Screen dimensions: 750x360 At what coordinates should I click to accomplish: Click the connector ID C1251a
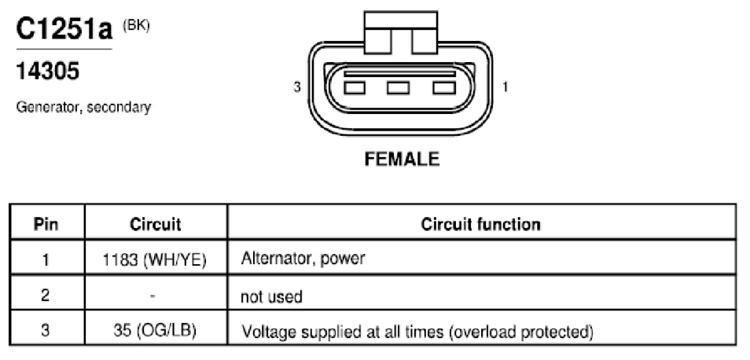tap(64, 29)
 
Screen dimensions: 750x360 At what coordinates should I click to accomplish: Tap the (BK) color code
tap(136, 25)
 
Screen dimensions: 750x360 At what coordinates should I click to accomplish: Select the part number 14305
tap(48, 72)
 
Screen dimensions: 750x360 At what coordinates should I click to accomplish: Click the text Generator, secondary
tap(83, 107)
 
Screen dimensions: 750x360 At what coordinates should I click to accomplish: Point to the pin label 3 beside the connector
tap(297, 87)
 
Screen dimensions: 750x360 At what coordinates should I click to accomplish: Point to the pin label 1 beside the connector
tap(505, 87)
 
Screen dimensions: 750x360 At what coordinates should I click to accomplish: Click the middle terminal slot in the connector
tap(398, 88)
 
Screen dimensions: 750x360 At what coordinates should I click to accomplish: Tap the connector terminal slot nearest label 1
tap(444, 88)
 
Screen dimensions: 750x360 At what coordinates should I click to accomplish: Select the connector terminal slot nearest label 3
tap(354, 88)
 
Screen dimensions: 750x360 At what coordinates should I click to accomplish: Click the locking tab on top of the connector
tap(401, 32)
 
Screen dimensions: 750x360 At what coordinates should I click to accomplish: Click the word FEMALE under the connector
tap(402, 159)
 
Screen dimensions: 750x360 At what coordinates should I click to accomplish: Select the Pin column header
tap(46, 224)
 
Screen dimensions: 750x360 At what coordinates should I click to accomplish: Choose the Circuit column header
tap(156, 224)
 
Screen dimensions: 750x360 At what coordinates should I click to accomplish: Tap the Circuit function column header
tap(480, 224)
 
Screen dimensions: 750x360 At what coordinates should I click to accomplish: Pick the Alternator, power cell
tap(303, 259)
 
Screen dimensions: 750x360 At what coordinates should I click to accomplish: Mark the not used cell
tap(271, 296)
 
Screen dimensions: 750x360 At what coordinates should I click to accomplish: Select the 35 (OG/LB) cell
tap(156, 332)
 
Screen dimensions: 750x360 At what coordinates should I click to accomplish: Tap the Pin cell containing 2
tap(46, 296)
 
